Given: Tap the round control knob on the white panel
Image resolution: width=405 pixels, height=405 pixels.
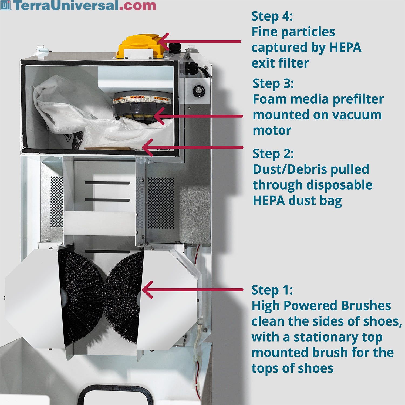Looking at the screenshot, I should (x=199, y=91).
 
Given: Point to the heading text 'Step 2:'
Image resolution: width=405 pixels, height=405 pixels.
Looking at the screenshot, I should (x=273, y=154).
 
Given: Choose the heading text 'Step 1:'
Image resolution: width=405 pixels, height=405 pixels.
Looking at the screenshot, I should (x=272, y=290).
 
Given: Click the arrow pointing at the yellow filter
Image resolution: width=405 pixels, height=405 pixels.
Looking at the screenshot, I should (x=200, y=42).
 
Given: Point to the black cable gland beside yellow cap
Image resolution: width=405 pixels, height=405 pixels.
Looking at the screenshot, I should (x=174, y=48).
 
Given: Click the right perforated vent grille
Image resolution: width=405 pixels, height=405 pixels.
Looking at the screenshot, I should (x=161, y=202).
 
